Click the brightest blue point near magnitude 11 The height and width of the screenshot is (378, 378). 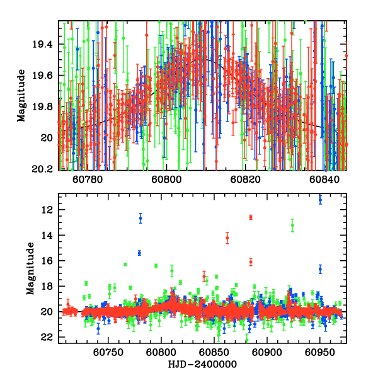pyautogui.click(x=320, y=199)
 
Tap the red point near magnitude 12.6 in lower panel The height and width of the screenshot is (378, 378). pyautogui.click(x=251, y=217)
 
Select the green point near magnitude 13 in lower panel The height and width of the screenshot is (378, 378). pyautogui.click(x=292, y=225)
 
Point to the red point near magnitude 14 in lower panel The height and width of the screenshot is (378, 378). pyautogui.click(x=227, y=238)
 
